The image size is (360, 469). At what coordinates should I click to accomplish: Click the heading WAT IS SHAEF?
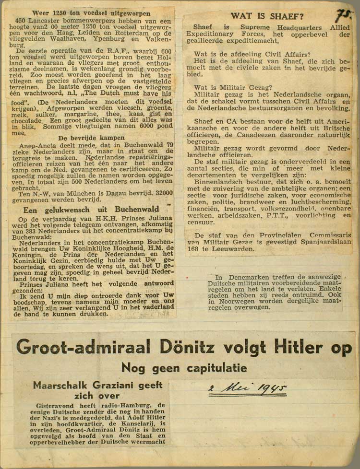[x=267, y=16]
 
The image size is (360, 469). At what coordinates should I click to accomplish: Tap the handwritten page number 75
[x=342, y=15]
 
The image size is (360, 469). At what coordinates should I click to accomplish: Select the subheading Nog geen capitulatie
[x=184, y=368]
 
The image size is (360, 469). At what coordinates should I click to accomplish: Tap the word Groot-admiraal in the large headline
[x=83, y=347]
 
